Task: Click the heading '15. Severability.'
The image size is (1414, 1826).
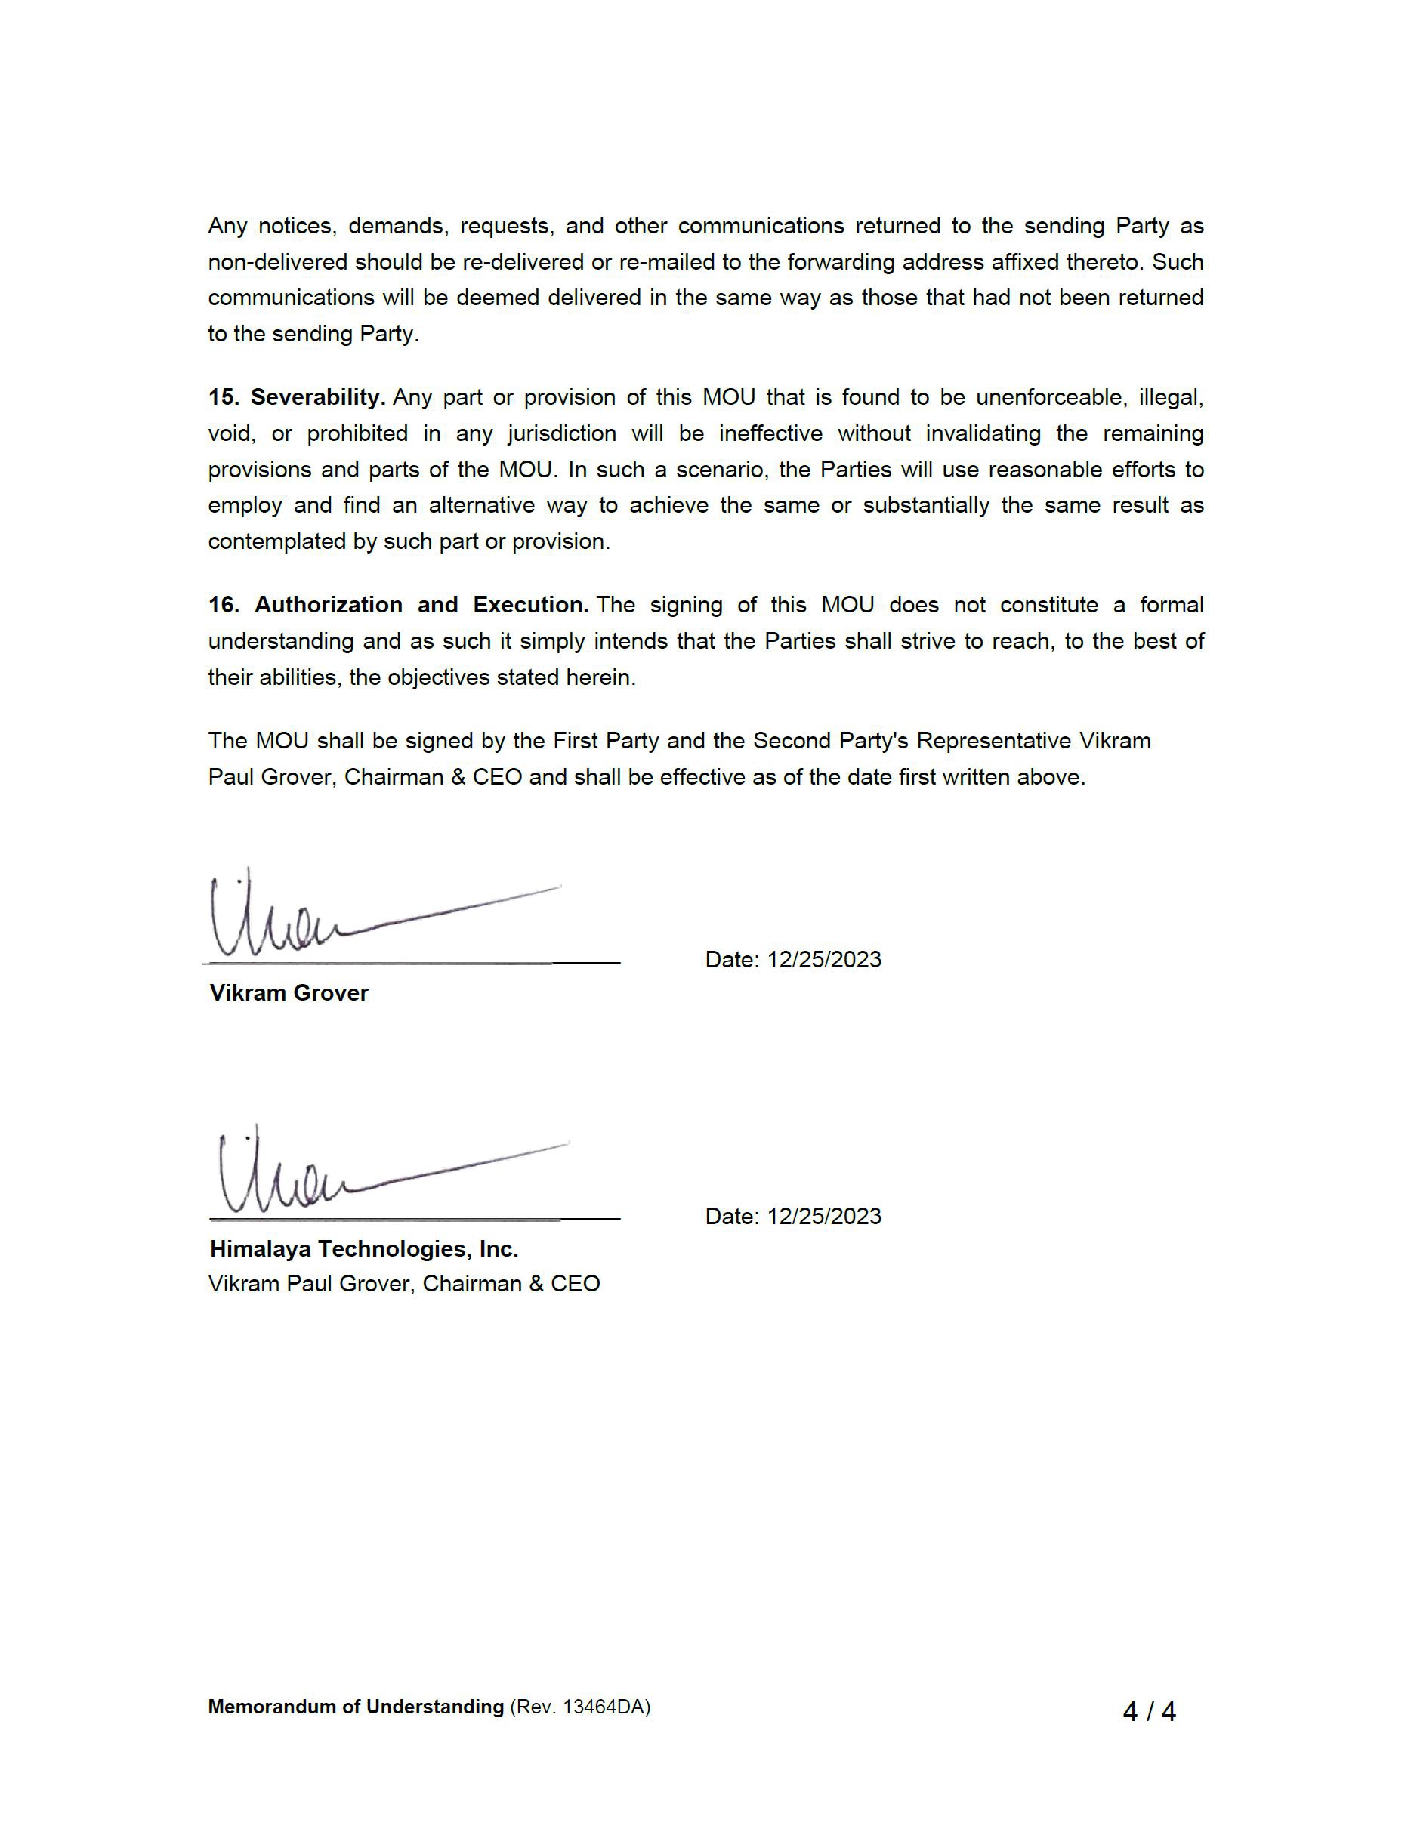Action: tap(297, 397)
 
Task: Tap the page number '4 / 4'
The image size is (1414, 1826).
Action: tap(1148, 1711)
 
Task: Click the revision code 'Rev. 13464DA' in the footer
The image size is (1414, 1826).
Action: tap(579, 1707)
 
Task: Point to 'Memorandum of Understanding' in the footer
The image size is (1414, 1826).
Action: tap(355, 1707)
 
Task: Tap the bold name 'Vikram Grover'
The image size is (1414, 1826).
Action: tap(289, 992)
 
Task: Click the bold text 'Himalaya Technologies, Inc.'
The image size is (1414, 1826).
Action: tap(364, 1248)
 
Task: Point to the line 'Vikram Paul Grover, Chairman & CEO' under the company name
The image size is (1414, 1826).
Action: tap(404, 1283)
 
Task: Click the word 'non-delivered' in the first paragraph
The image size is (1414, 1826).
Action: tap(279, 262)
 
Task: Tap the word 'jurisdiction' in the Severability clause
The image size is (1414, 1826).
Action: tap(562, 433)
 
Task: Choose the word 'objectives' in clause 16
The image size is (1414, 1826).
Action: tap(439, 677)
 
